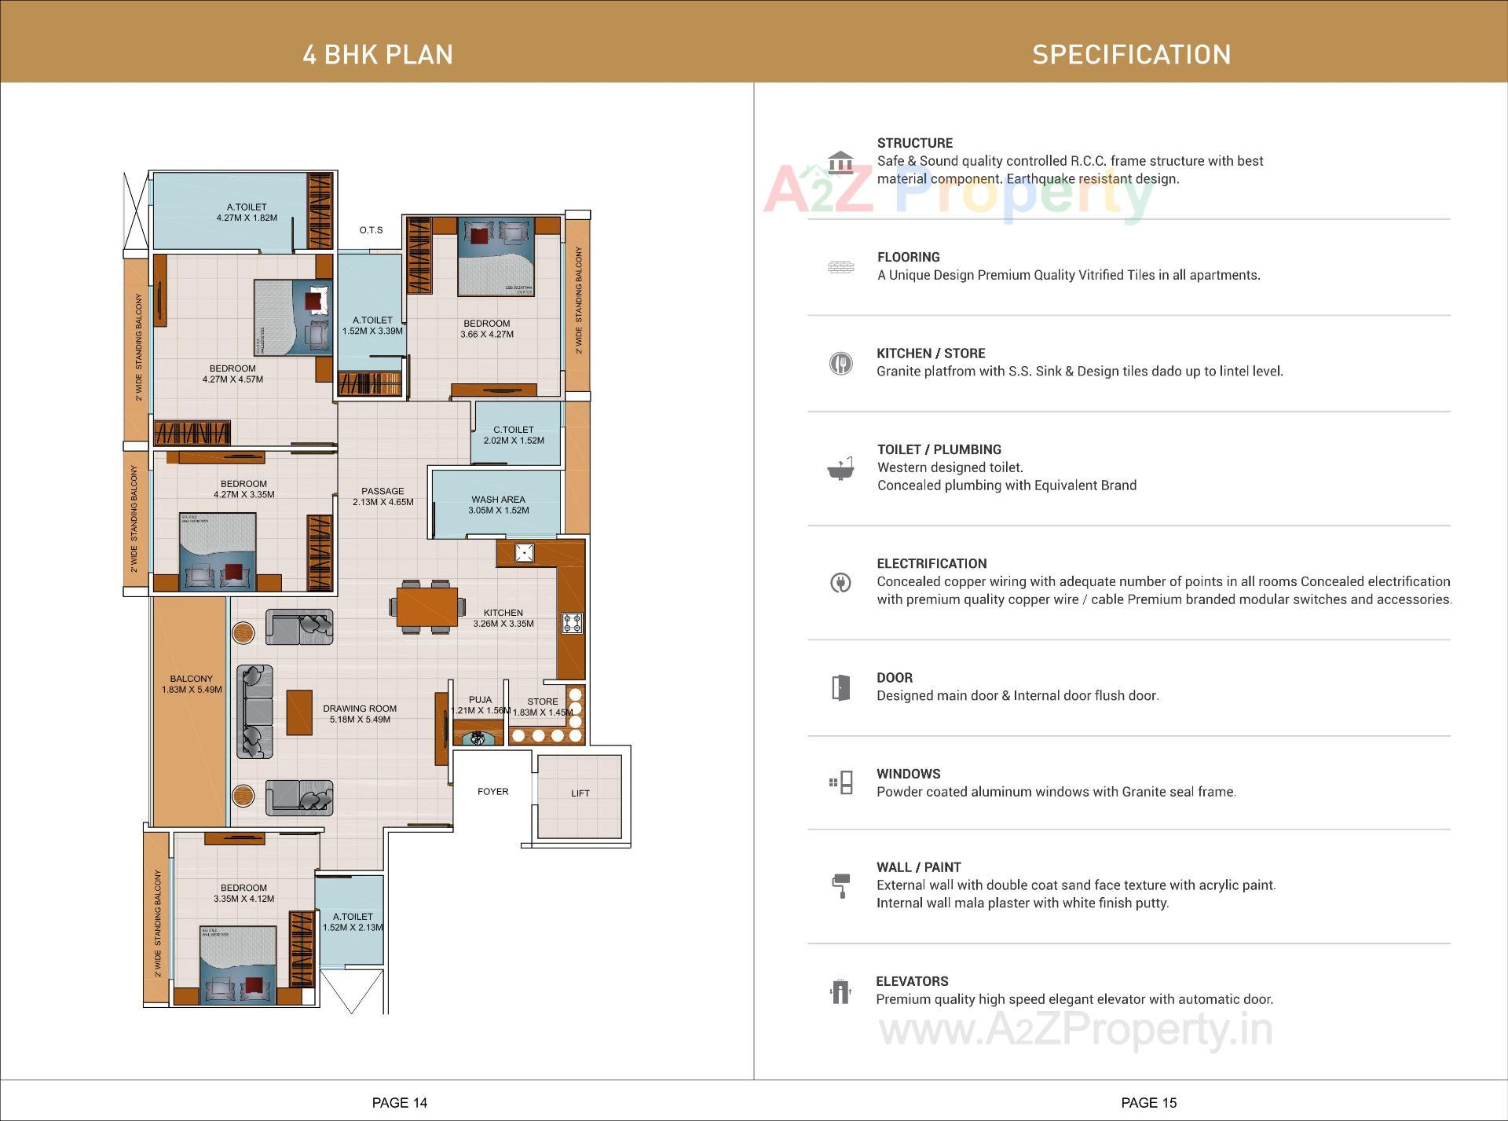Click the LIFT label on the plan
580,793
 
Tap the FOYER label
492,792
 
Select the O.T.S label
371,230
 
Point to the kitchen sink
524,552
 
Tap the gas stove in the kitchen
572,624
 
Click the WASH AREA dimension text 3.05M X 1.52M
498,511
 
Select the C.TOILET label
513,430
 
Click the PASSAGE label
382,491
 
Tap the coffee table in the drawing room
299,713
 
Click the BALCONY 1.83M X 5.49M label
192,684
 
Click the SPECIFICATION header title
1131,54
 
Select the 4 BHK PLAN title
378,54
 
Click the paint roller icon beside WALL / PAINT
840,885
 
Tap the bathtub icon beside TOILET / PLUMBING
840,468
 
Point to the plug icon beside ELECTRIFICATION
840,583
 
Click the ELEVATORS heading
912,981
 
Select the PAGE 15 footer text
1148,1103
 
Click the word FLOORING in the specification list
908,257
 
